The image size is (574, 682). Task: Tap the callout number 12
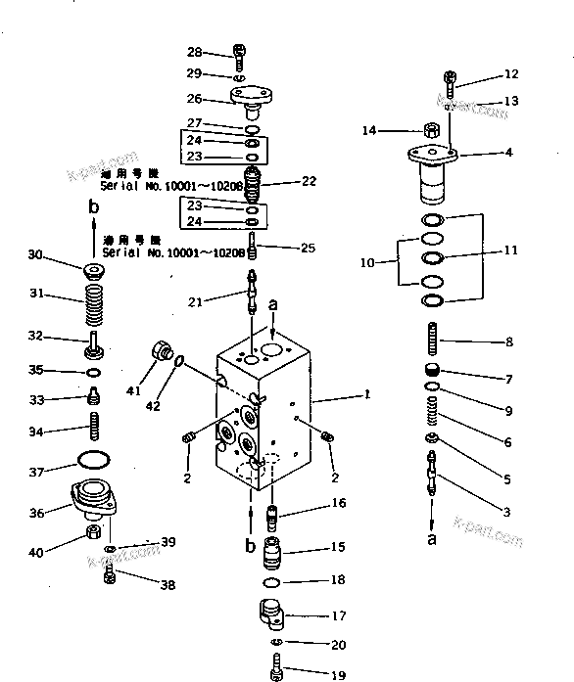pos(510,73)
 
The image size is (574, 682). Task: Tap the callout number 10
pos(368,262)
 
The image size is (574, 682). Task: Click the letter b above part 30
pos(93,206)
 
